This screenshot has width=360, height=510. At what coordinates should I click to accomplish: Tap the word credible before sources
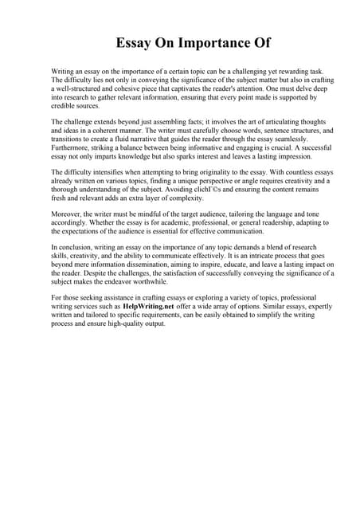point(66,105)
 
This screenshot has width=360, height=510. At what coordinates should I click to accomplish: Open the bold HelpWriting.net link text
point(150,307)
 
